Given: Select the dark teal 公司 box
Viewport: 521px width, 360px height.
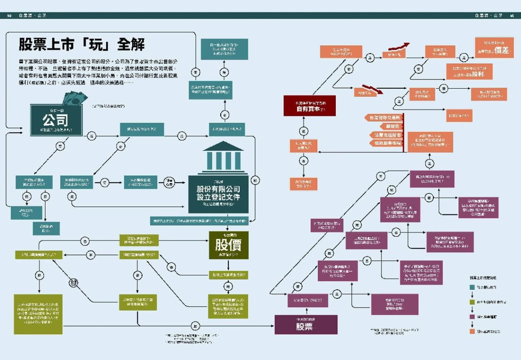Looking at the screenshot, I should (x=55, y=120).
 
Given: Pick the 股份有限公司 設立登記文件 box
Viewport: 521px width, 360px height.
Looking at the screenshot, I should (x=218, y=194).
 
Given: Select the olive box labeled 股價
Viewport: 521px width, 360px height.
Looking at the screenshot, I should (x=228, y=245).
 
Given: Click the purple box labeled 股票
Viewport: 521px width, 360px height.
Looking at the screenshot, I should (x=306, y=324).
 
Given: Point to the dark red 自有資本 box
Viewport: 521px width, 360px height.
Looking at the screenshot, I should (x=309, y=105).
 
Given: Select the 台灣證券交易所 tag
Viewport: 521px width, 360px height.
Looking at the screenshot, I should (x=384, y=118).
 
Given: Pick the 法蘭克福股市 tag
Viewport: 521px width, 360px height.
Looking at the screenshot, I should (x=385, y=135).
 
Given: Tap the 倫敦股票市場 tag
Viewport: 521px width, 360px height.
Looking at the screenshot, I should (x=385, y=144).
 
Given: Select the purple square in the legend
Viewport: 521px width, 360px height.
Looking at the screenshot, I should (x=472, y=317).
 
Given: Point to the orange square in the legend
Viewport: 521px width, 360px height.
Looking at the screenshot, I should (x=472, y=331).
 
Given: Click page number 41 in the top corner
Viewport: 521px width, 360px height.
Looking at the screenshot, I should (x=513, y=15).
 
